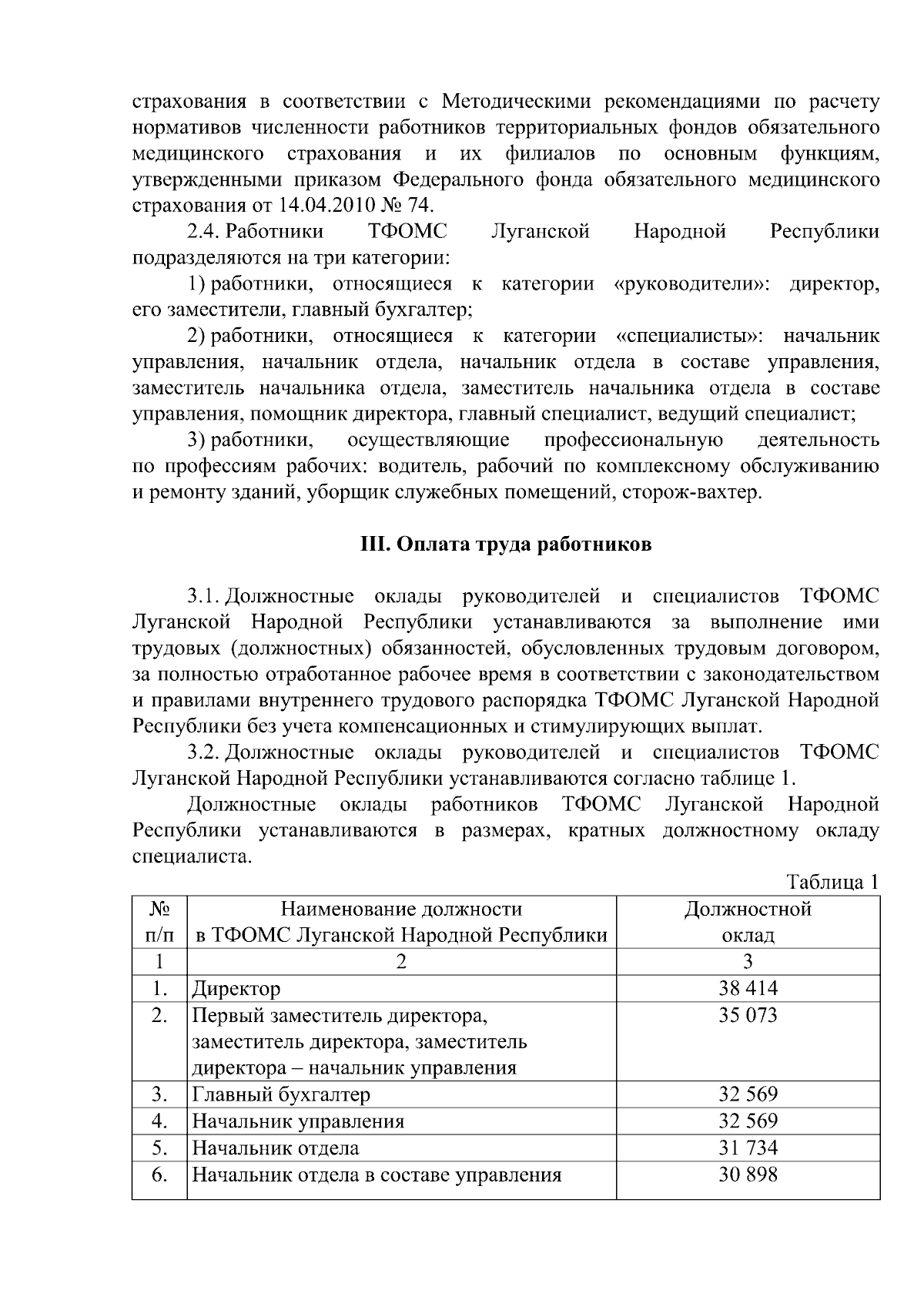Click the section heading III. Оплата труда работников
pyautogui.click(x=506, y=545)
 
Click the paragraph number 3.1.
pyautogui.click(x=204, y=597)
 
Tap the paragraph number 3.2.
pyautogui.click(x=204, y=752)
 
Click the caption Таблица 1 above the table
pyautogui.click(x=832, y=882)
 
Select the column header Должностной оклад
pyautogui.click(x=748, y=922)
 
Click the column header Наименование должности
pyautogui.click(x=400, y=910)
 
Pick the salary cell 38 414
pyautogui.click(x=748, y=988)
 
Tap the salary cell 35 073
pyautogui.click(x=748, y=1015)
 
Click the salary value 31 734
pyautogui.click(x=748, y=1148)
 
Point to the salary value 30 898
pyautogui.click(x=748, y=1175)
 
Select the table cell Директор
pyautogui.click(x=236, y=989)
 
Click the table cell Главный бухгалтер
pyautogui.click(x=281, y=1094)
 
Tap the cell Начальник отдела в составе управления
pyautogui.click(x=377, y=1175)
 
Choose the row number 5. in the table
pyautogui.click(x=159, y=1148)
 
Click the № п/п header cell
pyautogui.click(x=159, y=922)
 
